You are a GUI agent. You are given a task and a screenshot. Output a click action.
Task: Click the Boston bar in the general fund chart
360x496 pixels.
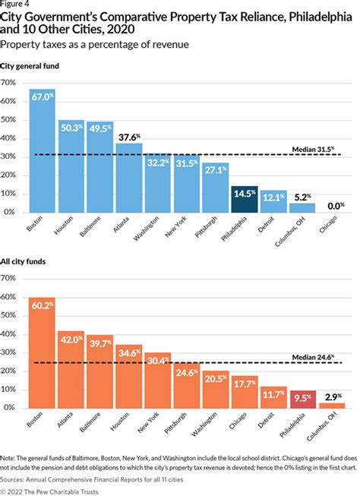tap(43, 152)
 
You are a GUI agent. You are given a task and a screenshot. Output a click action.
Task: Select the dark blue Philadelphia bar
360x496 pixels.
tap(246, 199)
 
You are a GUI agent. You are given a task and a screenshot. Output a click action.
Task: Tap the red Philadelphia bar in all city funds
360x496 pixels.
tap(302, 400)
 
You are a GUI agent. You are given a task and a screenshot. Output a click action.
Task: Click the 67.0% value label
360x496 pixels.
tap(43, 96)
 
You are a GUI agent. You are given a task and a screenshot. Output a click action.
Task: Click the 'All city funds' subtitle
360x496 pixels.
tap(27, 263)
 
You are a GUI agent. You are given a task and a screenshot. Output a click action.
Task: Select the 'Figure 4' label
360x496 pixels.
tap(15, 4)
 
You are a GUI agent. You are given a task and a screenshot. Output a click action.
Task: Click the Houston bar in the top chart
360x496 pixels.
tap(71, 167)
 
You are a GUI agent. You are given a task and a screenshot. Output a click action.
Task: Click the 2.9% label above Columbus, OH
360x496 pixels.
tap(332, 396)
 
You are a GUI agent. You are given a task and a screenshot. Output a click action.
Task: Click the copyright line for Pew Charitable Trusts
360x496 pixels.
tap(55, 491)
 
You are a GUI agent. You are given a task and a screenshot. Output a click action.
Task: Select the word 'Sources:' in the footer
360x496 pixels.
tap(15, 480)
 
